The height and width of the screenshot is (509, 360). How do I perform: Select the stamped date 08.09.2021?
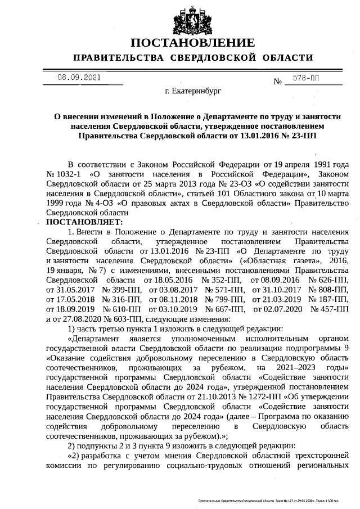[x=79, y=78]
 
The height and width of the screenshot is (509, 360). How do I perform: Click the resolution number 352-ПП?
[x=222, y=280]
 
